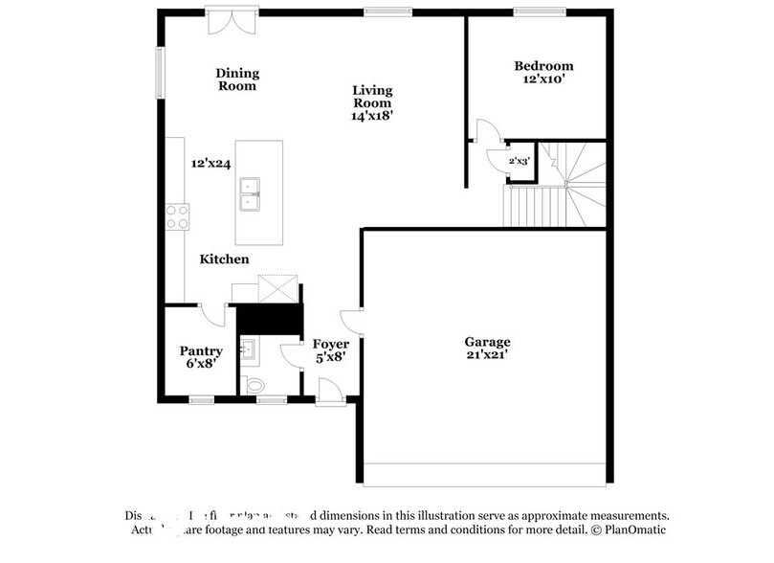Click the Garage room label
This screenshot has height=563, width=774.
487,341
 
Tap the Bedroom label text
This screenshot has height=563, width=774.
544,66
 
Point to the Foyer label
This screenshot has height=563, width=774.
331,344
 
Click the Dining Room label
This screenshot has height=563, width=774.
237,79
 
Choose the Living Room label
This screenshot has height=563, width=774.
372,97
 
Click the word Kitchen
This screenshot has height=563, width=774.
224,259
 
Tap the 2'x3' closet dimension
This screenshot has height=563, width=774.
519,161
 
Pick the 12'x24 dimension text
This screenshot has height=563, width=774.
210,164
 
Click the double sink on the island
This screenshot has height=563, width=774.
252,191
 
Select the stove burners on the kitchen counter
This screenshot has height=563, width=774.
177,216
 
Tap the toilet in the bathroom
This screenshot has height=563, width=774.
254,384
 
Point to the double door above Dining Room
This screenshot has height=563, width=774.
231,21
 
